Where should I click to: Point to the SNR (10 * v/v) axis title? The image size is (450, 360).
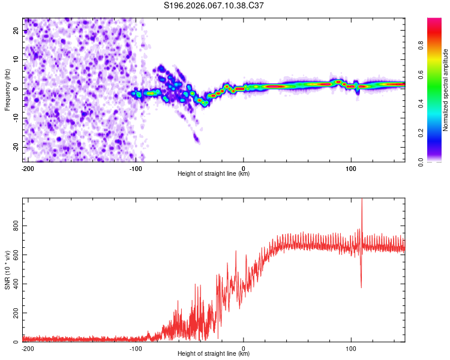click(x=7, y=270)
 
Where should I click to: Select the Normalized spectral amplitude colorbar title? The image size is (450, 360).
click(x=445, y=90)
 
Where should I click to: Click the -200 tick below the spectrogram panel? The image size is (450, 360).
click(x=27, y=167)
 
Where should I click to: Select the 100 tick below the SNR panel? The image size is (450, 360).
click(x=351, y=347)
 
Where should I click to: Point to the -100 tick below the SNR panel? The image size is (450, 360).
click(x=136, y=347)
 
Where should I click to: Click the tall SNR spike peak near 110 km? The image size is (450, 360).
click(x=362, y=200)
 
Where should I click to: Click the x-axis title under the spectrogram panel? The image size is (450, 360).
click(x=214, y=174)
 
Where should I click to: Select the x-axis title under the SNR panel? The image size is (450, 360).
click(x=214, y=354)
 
